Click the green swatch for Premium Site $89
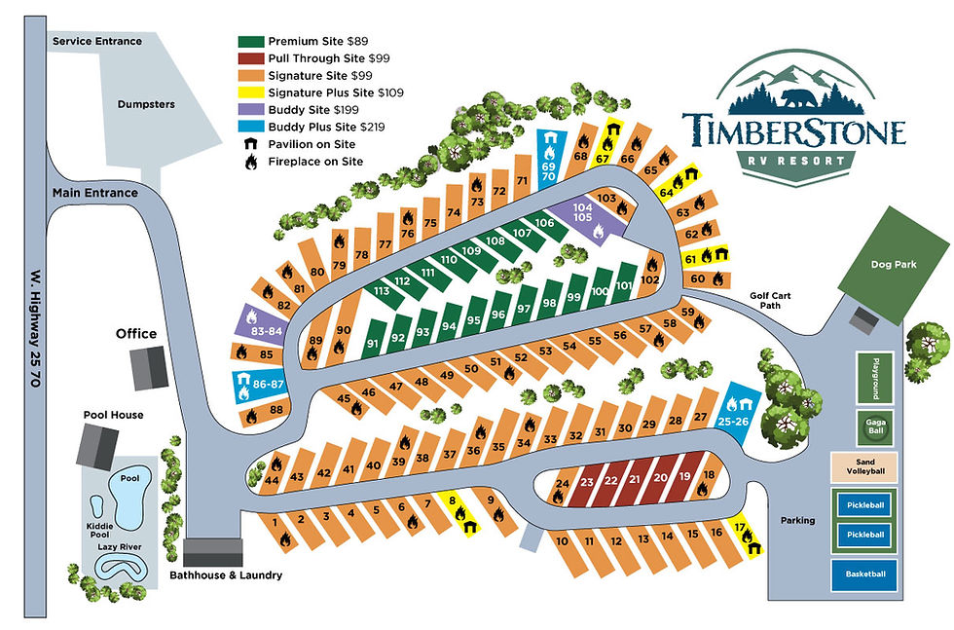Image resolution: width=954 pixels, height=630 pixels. coord(251,42)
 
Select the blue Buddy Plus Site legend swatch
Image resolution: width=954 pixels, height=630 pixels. coord(251,128)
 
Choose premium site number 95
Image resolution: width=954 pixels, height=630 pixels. coord(474,321)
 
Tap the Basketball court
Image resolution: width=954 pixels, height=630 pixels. coord(865,574)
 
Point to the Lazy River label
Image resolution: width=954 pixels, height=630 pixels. coord(119,548)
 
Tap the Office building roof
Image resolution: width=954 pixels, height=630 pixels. coord(149,368)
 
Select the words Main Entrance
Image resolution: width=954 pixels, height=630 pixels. coord(95,193)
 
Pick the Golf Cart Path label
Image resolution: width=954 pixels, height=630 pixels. coord(773,301)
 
